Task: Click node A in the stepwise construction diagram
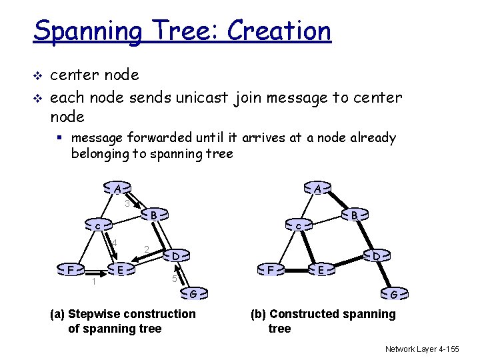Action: [x=117, y=189]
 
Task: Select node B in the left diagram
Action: [x=153, y=215]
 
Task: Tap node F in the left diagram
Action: [x=70, y=269]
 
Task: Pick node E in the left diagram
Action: [x=119, y=269]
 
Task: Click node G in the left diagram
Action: [x=192, y=293]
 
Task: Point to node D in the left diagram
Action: [x=175, y=255]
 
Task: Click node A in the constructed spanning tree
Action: [x=318, y=189]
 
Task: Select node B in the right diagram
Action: [x=355, y=215]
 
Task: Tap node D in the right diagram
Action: [x=376, y=256]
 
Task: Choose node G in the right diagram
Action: [x=393, y=294]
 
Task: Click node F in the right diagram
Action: [x=271, y=269]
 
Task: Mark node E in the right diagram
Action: [x=321, y=269]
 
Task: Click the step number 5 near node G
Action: [x=174, y=279]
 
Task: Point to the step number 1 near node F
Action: [x=94, y=281]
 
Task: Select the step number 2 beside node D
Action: [x=146, y=250]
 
